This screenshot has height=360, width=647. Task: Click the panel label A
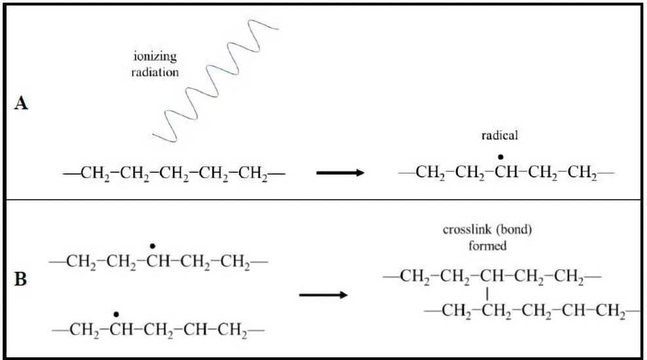coord(21,104)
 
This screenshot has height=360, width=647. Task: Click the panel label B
coord(21,279)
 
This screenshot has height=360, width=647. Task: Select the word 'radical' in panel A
coord(499,135)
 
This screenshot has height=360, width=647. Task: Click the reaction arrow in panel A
coord(340,173)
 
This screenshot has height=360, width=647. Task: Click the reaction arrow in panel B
coord(323,295)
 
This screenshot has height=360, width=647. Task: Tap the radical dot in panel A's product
coord(501,157)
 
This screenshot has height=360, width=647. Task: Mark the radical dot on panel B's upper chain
coord(153,247)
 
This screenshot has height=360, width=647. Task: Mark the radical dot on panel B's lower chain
coord(116,315)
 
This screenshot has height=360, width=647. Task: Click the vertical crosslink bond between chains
coord(487,293)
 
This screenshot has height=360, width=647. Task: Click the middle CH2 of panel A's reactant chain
coord(174,173)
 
